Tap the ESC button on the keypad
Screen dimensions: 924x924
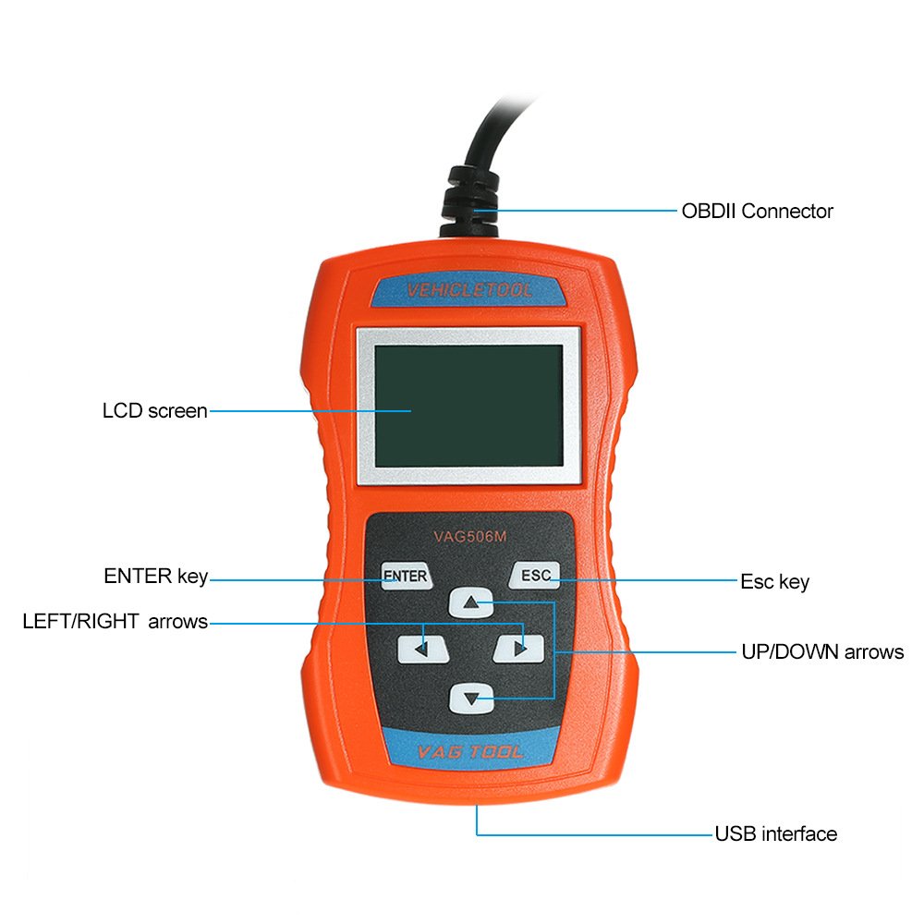coord(535,576)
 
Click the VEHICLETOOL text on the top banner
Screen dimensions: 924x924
coord(469,291)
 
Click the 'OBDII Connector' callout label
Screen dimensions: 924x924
coord(757,211)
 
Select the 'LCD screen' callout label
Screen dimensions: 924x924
coord(154,410)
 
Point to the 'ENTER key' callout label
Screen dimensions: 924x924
coord(155,577)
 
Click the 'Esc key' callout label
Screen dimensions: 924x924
coord(774,581)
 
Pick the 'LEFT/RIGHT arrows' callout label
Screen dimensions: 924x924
coord(115,621)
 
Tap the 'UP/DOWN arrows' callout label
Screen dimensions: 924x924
coord(822,651)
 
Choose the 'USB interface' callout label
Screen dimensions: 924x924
coord(775,833)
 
